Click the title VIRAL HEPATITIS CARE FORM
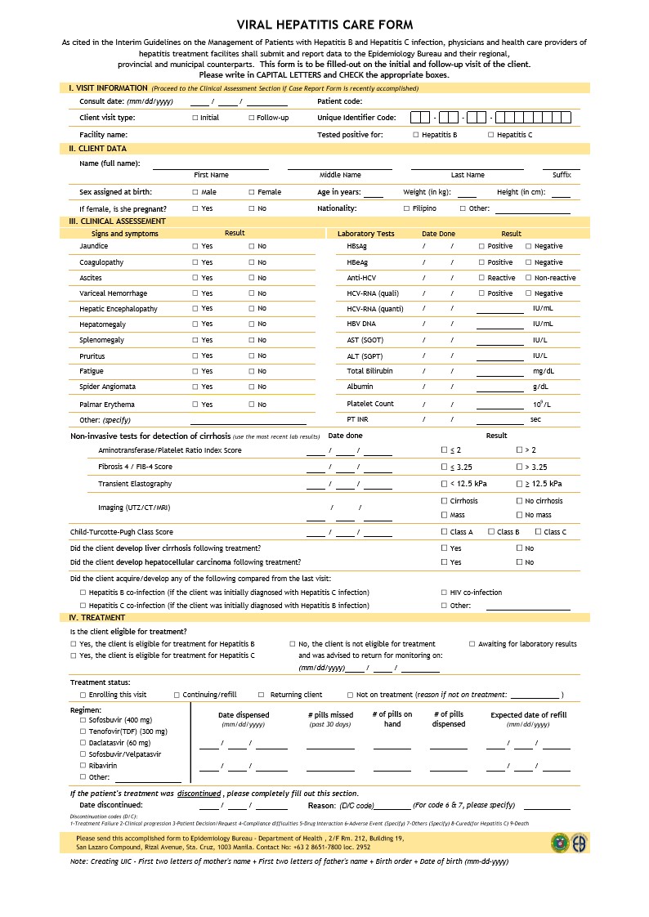click(324, 25)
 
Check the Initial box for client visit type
click(195, 118)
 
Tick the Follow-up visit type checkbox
click(251, 118)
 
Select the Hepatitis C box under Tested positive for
click(490, 135)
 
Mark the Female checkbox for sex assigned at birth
click(252, 192)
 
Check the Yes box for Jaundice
click(195, 246)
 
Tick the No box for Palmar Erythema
click(252, 405)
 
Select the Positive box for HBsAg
click(481, 246)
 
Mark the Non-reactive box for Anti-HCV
click(528, 278)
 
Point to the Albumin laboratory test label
click(360, 387)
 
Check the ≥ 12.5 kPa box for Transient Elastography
click(519, 484)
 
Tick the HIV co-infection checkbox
click(444, 593)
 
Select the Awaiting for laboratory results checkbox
click(472, 644)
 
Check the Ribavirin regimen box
click(82, 766)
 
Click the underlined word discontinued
click(199, 794)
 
